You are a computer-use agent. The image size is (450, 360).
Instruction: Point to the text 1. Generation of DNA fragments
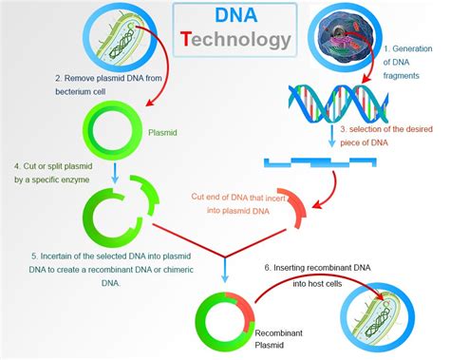tap(409, 63)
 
